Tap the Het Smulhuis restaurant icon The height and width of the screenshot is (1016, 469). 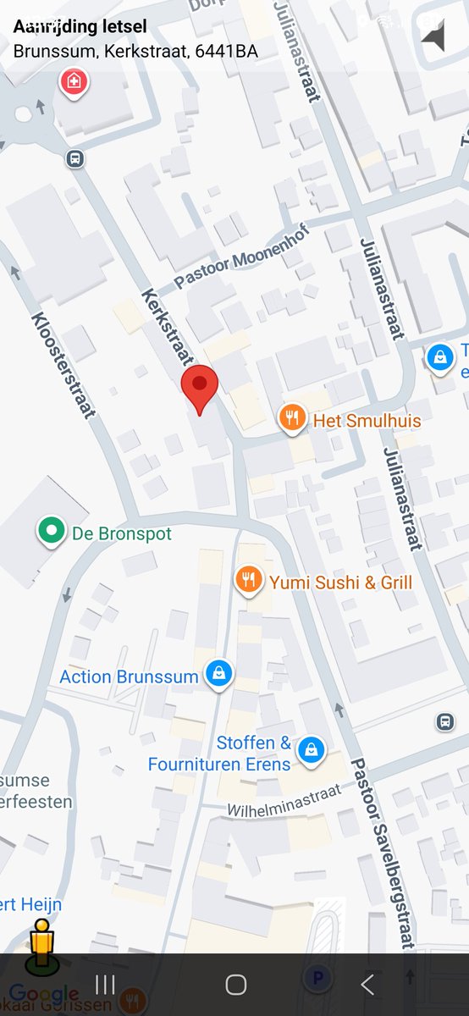pyautogui.click(x=292, y=417)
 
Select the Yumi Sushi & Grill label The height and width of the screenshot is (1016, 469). pyautogui.click(x=340, y=582)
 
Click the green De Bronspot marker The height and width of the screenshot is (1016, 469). pyautogui.click(x=52, y=532)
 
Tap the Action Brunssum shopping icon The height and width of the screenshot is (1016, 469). pyautogui.click(x=219, y=674)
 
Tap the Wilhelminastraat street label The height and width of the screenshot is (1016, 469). pyautogui.click(x=284, y=800)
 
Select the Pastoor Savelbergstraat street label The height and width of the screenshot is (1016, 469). pyautogui.click(x=383, y=851)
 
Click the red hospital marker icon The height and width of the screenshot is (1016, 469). pyautogui.click(x=74, y=83)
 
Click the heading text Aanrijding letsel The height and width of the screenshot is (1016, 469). pyautogui.click(x=80, y=27)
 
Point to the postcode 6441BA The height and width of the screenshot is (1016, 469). pyautogui.click(x=226, y=51)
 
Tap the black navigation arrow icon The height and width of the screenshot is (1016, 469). pyautogui.click(x=434, y=37)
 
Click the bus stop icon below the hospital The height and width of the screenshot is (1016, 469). pyautogui.click(x=75, y=157)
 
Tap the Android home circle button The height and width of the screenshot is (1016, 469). pyautogui.click(x=235, y=985)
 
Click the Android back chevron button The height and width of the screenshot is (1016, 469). pyautogui.click(x=367, y=985)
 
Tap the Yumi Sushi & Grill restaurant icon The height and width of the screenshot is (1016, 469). pyautogui.click(x=247, y=580)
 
